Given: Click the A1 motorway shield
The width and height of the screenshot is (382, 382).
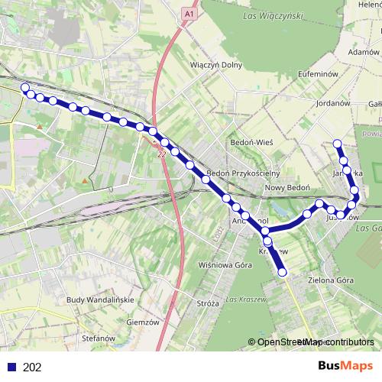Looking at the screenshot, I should click(x=189, y=14).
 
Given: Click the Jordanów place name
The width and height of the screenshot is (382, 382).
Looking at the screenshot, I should click(x=332, y=102).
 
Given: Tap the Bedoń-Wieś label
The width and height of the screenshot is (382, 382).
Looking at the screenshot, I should click(x=251, y=143).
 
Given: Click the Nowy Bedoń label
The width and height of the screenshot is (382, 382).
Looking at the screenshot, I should click(x=286, y=187).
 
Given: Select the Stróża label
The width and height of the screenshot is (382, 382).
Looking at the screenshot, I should click(x=208, y=303).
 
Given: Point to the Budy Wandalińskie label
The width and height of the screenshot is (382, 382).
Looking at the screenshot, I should click(x=101, y=300).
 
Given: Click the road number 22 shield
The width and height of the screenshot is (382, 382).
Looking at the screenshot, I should click(x=162, y=154).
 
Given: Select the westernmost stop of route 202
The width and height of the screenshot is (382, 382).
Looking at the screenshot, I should click(x=25, y=87).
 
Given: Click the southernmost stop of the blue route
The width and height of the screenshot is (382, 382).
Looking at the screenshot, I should click(x=283, y=272).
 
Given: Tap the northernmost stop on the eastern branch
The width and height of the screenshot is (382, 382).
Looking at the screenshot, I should click(x=337, y=143).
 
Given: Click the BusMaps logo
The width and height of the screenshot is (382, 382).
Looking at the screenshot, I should click(x=342, y=367).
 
